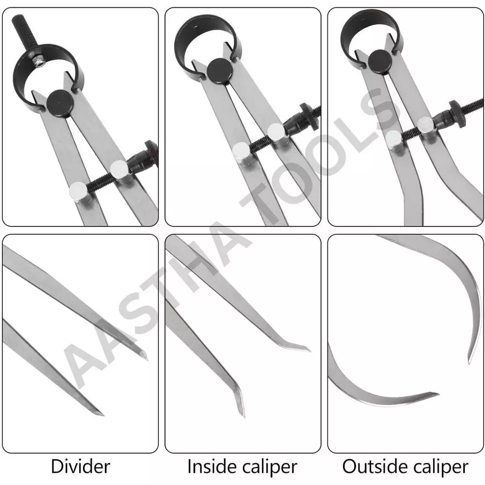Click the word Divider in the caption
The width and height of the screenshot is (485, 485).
(81, 467)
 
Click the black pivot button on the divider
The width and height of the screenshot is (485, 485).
(60, 100)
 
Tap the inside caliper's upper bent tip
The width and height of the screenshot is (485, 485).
(308, 349)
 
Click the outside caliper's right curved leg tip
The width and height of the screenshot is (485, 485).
(469, 362)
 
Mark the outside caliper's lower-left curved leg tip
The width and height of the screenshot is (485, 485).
(436, 393)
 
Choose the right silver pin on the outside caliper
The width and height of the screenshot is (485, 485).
(425, 125)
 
